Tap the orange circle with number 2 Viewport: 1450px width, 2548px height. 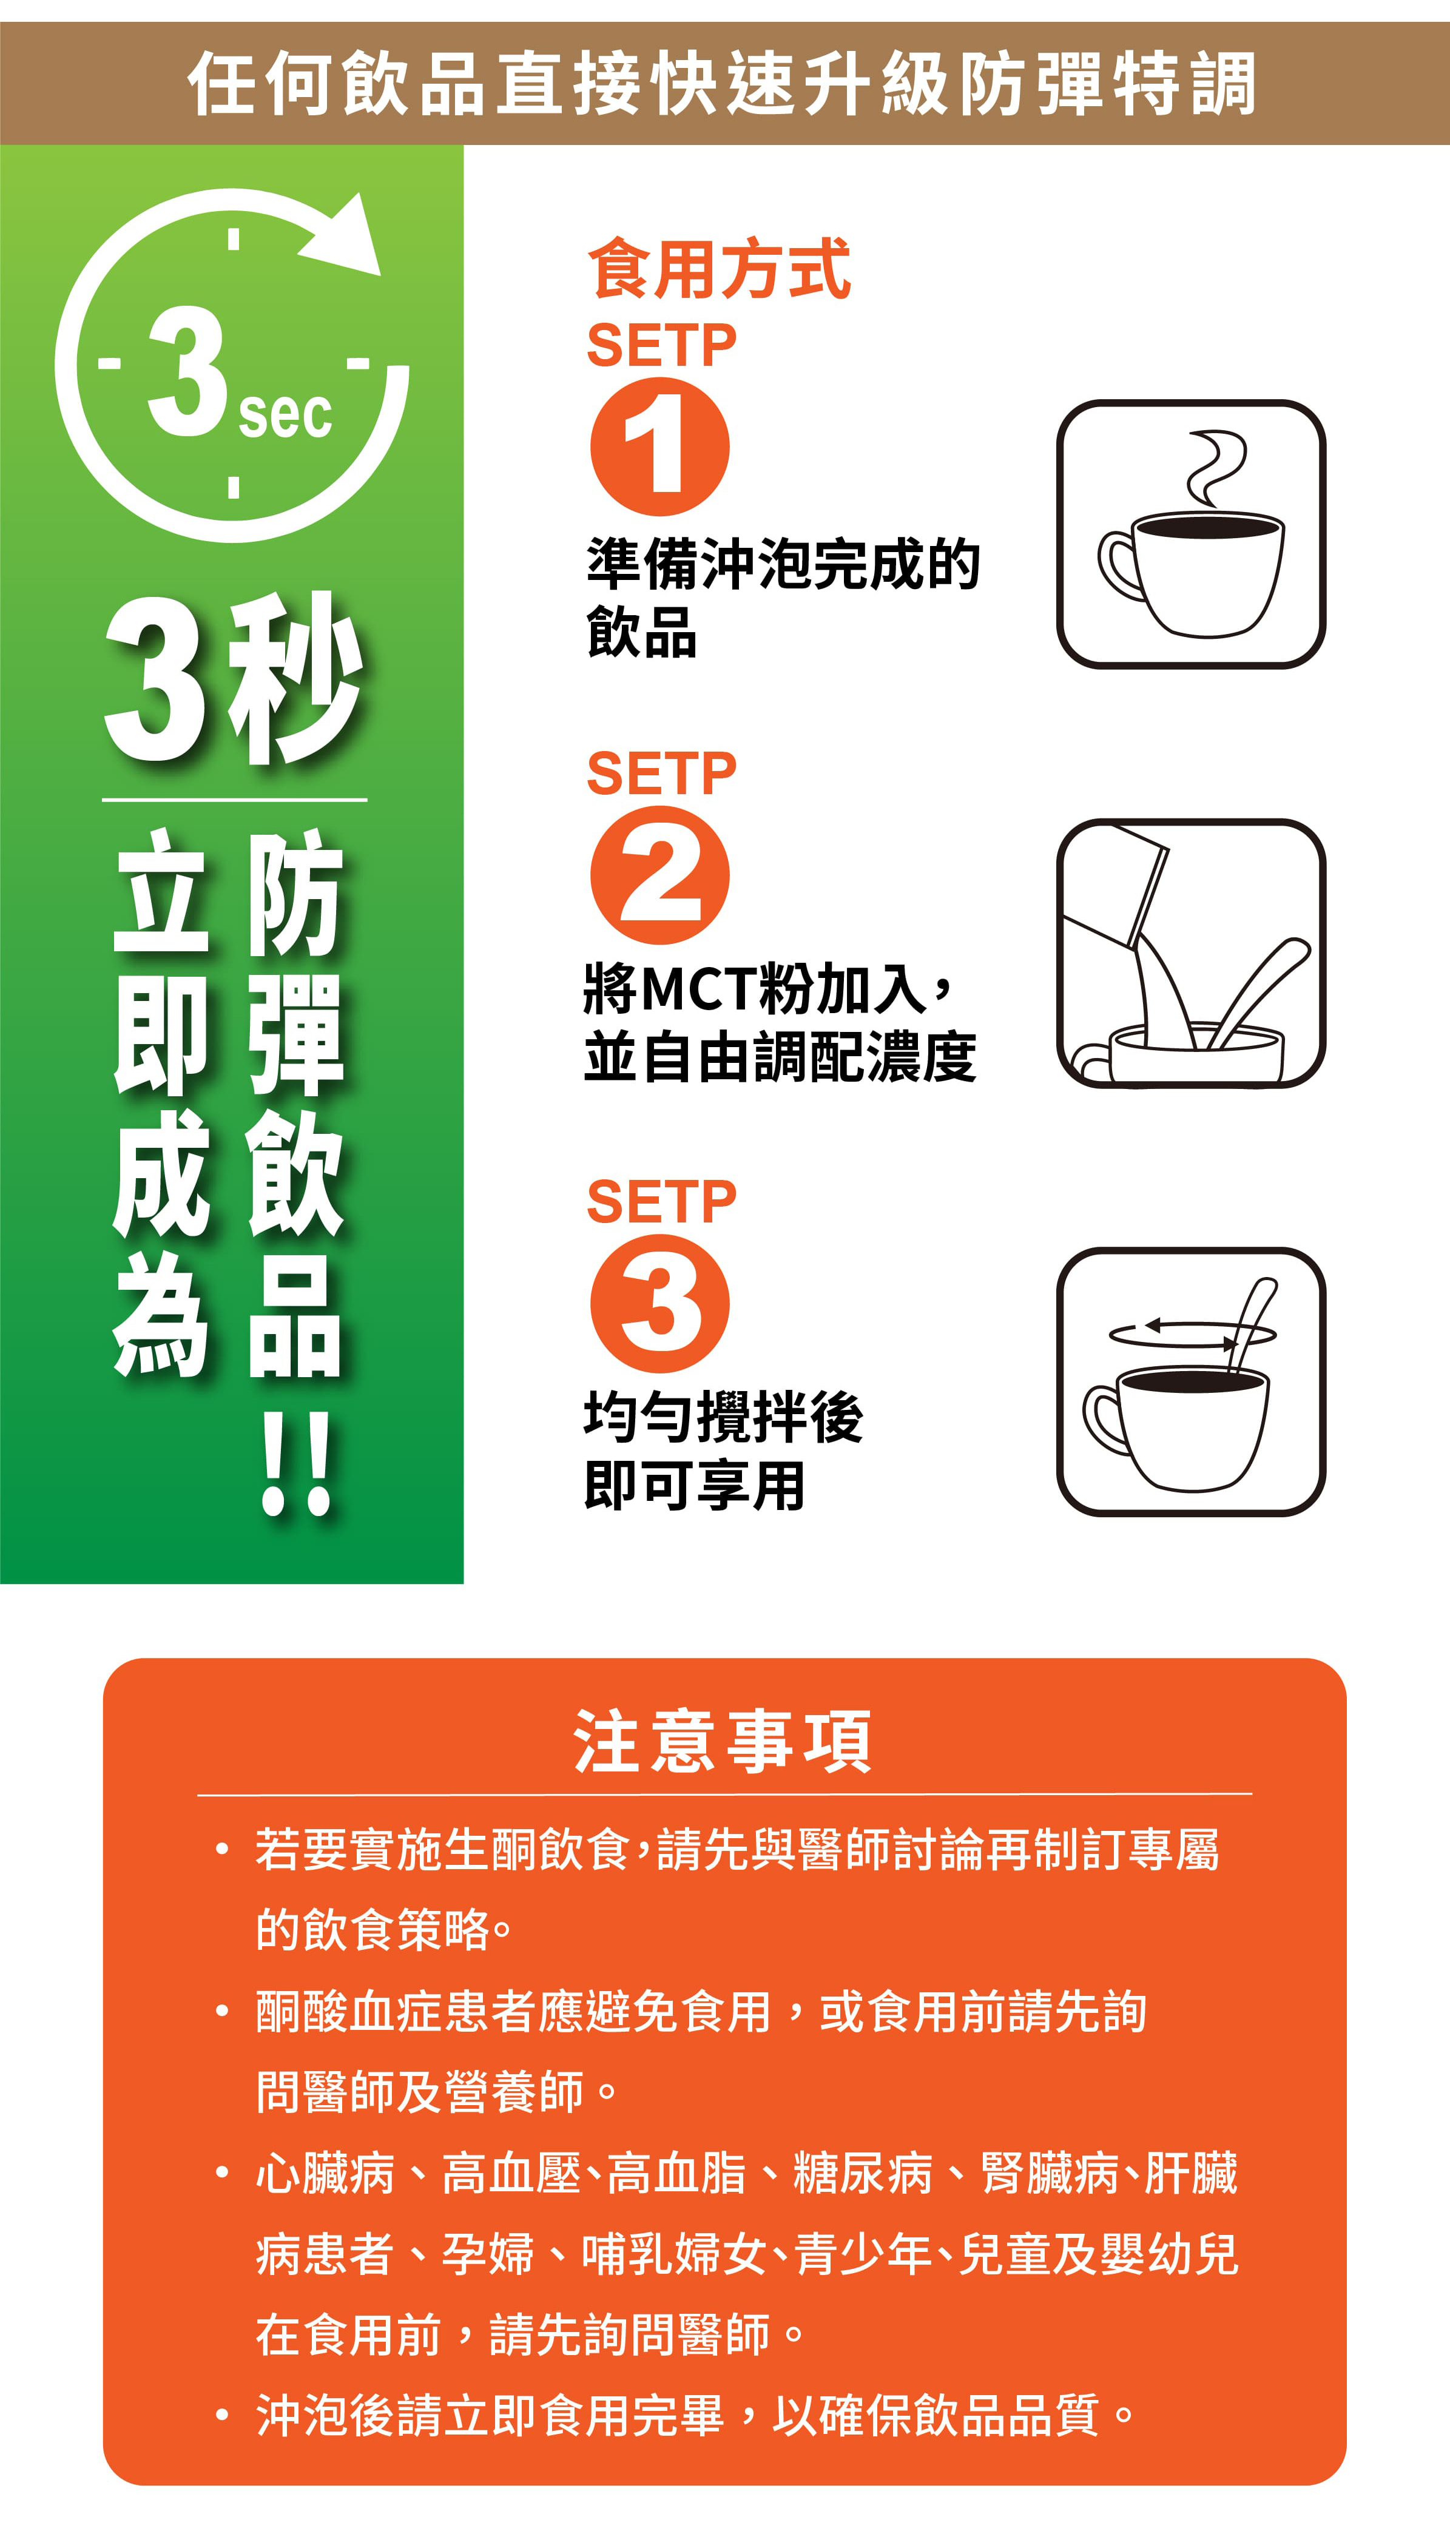pyautogui.click(x=659, y=875)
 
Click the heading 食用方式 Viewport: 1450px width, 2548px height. pyautogui.click(x=719, y=269)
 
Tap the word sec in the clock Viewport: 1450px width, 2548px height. pyautogui.click(x=285, y=414)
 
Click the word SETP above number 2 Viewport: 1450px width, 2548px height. pyautogui.click(x=661, y=773)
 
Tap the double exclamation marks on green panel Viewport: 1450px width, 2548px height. pyautogui.click(x=296, y=1464)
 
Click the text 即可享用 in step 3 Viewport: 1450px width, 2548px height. pyautogui.click(x=694, y=1486)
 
